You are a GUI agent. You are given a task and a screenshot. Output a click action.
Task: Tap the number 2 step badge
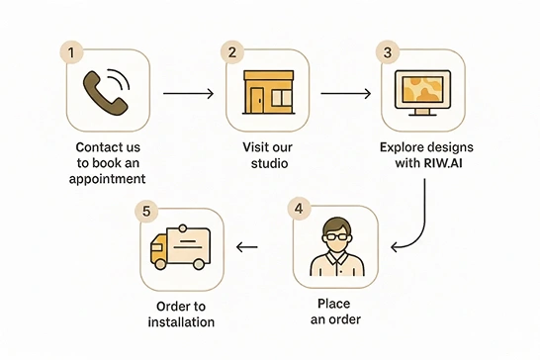tap(232, 51)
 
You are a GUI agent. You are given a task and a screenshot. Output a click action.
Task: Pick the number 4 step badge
tap(299, 208)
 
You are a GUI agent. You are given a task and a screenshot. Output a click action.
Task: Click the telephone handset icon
tap(106, 92)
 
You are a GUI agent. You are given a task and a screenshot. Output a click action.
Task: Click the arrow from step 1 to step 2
tap(188, 94)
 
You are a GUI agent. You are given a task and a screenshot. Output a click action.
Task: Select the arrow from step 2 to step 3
tap(346, 94)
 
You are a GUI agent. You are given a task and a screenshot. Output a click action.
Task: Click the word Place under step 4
tap(334, 304)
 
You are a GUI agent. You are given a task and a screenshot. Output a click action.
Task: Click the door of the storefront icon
tap(258, 97)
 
